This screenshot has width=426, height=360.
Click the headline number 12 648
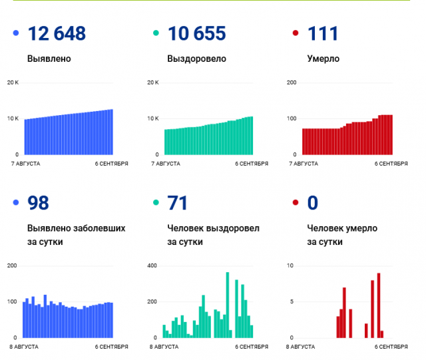click(x=57, y=33)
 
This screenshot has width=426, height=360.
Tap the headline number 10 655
click(x=197, y=33)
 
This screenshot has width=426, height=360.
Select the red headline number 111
click(x=323, y=33)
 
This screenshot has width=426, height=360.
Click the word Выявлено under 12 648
click(x=49, y=59)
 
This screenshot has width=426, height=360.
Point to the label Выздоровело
click(x=197, y=59)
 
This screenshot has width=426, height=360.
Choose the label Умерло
click(x=323, y=59)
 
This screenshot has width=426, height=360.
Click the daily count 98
click(x=39, y=203)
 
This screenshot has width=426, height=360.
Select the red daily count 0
click(x=313, y=203)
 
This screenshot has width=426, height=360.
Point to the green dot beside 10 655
click(x=154, y=33)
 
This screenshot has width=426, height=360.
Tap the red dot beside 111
click(x=295, y=33)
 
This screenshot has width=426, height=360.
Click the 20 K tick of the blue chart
click(x=13, y=83)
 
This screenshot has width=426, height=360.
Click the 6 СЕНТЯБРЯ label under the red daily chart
click(x=391, y=347)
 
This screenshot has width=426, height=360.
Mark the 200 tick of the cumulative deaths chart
click(x=291, y=83)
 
